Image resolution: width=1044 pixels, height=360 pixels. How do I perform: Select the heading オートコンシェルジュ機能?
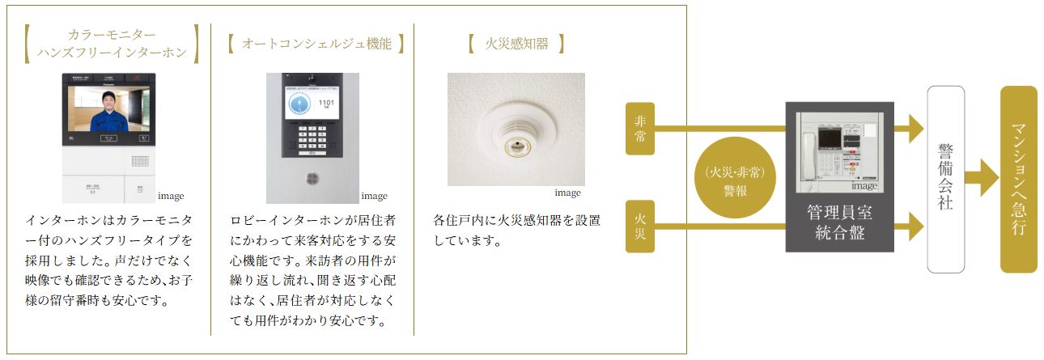point(316,44)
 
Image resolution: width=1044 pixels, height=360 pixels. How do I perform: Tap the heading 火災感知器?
point(516,44)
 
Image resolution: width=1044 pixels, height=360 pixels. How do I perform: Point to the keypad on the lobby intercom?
point(312,137)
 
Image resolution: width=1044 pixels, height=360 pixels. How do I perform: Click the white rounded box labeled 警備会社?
point(945,180)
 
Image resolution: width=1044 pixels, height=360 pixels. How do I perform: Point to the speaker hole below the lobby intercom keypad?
point(312,178)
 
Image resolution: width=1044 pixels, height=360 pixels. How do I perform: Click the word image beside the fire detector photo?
point(567,193)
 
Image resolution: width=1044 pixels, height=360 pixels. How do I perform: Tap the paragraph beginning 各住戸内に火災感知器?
point(516,230)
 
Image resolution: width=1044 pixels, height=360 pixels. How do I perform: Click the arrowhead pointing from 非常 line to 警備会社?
point(915,128)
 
